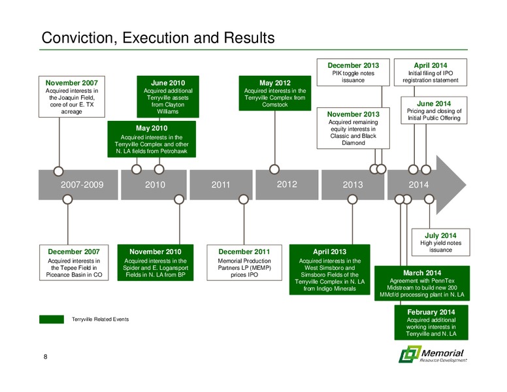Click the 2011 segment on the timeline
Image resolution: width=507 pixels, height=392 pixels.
[x=221, y=185]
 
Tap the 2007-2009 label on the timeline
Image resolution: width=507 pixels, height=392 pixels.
[x=82, y=185]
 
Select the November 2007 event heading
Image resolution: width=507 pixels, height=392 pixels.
[x=71, y=83]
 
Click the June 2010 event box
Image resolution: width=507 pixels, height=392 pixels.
[x=168, y=97]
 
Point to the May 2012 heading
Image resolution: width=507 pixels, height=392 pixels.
[x=275, y=83]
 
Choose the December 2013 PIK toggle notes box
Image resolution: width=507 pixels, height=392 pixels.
[x=353, y=72]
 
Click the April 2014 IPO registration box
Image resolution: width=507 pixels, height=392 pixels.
[x=431, y=72]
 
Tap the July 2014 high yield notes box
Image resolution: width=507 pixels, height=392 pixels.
[x=440, y=242]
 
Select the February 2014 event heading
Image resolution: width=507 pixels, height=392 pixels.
[x=431, y=312]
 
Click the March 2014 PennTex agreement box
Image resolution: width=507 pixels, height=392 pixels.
[x=422, y=284]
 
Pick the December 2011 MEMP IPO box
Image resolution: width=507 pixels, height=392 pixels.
[x=244, y=263]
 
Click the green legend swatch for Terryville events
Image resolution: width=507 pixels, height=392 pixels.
[x=52, y=319]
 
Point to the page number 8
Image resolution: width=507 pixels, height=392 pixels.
[x=45, y=357]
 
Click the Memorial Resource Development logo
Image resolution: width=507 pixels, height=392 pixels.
[x=433, y=354]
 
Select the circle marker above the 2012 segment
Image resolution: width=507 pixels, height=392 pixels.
[x=274, y=169]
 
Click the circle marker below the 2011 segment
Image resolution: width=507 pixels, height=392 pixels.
[x=244, y=199]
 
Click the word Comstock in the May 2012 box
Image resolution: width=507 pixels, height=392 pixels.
[x=275, y=105]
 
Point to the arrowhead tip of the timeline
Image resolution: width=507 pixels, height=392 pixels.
[x=466, y=185]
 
